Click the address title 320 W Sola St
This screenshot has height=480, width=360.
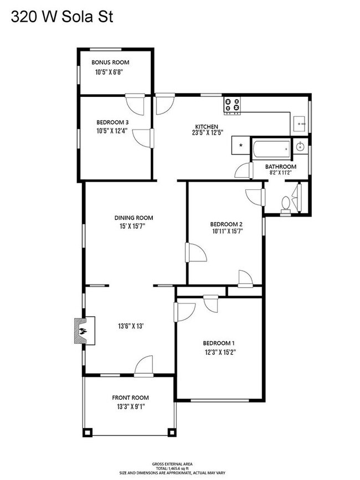click(62, 17)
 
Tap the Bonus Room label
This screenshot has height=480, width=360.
click(110, 63)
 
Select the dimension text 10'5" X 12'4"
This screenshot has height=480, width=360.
click(112, 131)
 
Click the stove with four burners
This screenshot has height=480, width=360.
click(232, 104)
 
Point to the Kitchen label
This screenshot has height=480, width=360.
click(207, 126)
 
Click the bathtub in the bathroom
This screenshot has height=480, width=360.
click(271, 149)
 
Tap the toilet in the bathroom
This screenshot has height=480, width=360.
click(286, 204)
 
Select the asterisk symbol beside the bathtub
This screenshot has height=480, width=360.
click(241, 146)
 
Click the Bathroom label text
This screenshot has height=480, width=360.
click(281, 167)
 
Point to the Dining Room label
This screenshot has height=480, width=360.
click(134, 218)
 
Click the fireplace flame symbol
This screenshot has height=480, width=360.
click(83, 331)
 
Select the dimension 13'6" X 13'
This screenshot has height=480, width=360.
click(131, 326)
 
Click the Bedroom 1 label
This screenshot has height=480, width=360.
click(219, 343)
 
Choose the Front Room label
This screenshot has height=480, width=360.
click(130, 398)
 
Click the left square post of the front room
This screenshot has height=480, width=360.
click(88, 432)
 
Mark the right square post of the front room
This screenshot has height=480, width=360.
click(172, 432)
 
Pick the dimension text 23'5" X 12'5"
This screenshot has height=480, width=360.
click(207, 132)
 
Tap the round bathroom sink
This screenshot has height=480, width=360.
click(300, 147)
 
